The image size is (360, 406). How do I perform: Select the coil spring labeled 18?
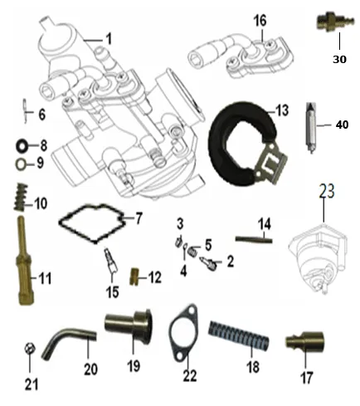coord(240,338)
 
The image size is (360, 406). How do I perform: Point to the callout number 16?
coord(260,19)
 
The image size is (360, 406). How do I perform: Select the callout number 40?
coord(342,126)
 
